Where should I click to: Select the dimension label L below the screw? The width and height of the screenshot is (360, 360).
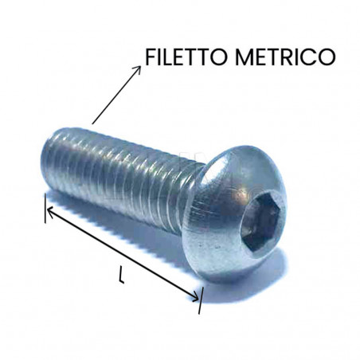click(x=120, y=276)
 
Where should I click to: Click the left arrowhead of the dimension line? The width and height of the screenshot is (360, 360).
click(x=49, y=211)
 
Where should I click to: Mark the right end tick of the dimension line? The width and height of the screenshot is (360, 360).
click(x=201, y=299)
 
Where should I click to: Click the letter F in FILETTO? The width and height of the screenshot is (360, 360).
click(x=151, y=58)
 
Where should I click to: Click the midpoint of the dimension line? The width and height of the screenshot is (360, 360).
click(x=123, y=254)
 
